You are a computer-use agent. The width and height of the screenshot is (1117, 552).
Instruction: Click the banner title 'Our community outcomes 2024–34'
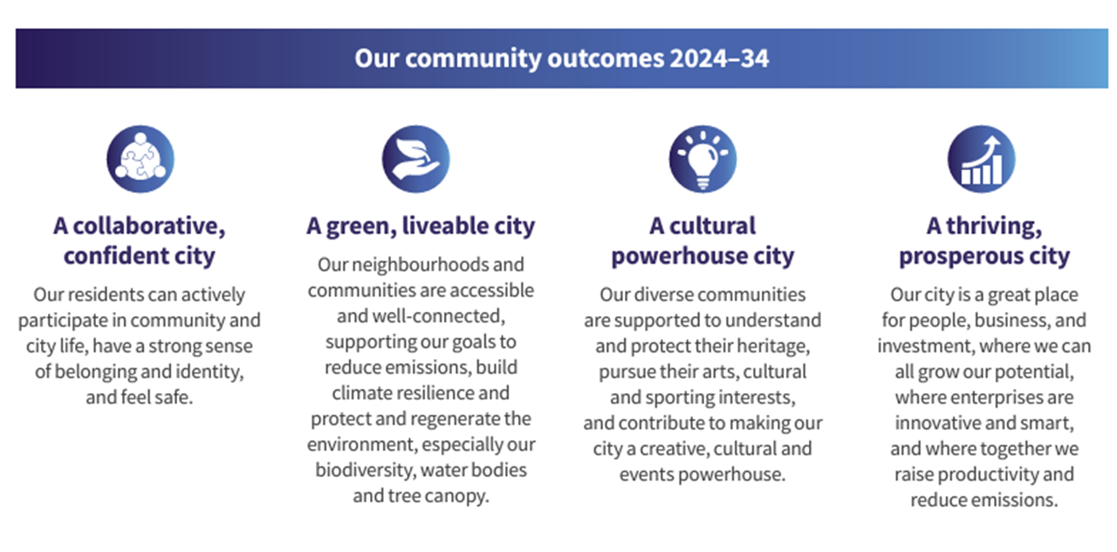coord(561,59)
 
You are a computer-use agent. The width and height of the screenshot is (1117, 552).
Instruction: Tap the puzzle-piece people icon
coord(140,159)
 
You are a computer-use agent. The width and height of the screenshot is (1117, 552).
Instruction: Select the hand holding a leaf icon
coord(416,159)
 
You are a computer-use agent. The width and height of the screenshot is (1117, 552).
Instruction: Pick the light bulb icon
coord(702,159)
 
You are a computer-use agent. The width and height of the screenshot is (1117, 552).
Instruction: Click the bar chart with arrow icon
coord(982,159)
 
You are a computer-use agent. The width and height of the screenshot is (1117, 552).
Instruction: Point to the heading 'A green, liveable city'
coord(421,226)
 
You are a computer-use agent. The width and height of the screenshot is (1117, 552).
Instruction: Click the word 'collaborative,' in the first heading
coord(149,226)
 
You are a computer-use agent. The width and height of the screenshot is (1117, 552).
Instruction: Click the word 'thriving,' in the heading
coord(994,226)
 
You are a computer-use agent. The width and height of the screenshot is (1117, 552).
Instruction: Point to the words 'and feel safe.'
coord(139,397)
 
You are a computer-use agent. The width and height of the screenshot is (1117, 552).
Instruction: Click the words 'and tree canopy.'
coord(421,496)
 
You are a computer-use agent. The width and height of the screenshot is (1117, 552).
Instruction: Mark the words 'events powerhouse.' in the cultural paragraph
coord(702,474)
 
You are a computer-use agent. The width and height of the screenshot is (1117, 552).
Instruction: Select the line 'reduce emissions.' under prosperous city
coord(983,500)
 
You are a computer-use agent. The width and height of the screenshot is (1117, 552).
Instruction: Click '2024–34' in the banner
coord(719,59)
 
